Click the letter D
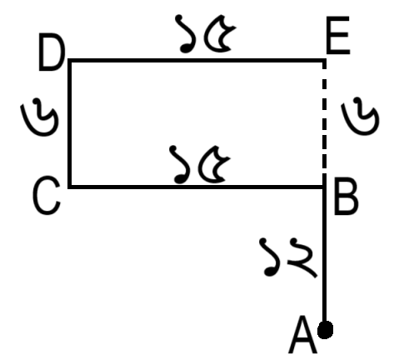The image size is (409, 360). pyautogui.click(x=52, y=52)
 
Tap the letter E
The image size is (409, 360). pyautogui.click(x=338, y=35)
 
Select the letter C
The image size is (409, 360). pyautogui.click(x=47, y=196)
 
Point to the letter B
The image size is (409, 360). pyautogui.click(x=346, y=196)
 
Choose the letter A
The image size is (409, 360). pyautogui.click(x=303, y=335)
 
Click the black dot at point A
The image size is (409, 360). pyautogui.click(x=325, y=330)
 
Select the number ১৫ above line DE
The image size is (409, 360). pyautogui.click(x=206, y=33)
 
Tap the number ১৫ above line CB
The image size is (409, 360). pyautogui.click(x=200, y=164)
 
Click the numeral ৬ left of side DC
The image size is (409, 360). pyautogui.click(x=40, y=117)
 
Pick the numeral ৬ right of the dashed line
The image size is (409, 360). pyautogui.click(x=360, y=116)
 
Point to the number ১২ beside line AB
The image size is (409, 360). pyautogui.click(x=288, y=257)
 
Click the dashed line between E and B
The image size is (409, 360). pyautogui.click(x=324, y=117)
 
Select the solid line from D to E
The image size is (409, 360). pyautogui.click(x=197, y=61)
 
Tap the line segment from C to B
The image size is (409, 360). pyautogui.click(x=196, y=187)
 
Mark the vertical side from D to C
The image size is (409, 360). pyautogui.click(x=70, y=123)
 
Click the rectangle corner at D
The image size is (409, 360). pyautogui.click(x=70, y=61)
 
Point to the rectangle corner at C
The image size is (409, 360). pyautogui.click(x=70, y=187)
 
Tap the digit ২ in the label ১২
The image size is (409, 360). pyautogui.click(x=302, y=257)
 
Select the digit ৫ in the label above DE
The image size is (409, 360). pyautogui.click(x=220, y=33)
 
